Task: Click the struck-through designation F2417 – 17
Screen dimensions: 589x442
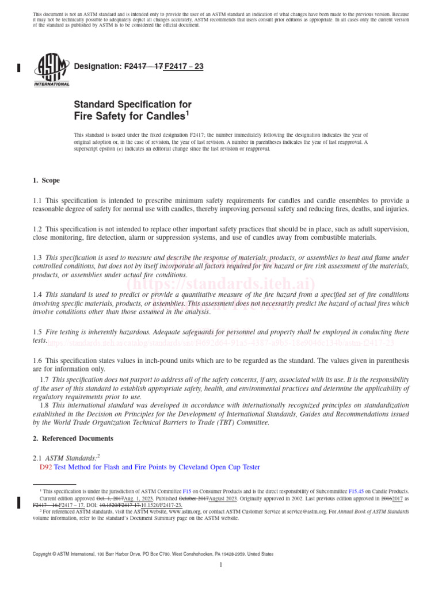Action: pyautogui.click(x=143, y=67)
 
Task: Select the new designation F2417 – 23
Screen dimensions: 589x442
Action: pyautogui.click(x=184, y=67)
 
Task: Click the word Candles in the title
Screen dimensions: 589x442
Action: pyautogui.click(x=161, y=116)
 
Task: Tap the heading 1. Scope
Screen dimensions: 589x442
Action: pyautogui.click(x=46, y=180)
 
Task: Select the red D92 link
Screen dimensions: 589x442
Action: pyautogui.click(x=45, y=468)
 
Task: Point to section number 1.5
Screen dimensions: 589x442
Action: pyautogui.click(x=37, y=332)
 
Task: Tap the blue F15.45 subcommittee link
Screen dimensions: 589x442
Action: pyautogui.click(x=357, y=492)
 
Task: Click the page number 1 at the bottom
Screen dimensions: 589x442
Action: pyautogui.click(x=221, y=565)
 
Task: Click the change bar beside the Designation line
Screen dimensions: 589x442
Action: pyautogui.click(x=19, y=67)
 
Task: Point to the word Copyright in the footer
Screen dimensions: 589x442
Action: pyautogui.click(x=45, y=554)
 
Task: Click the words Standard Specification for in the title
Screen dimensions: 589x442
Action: pyautogui.click(x=132, y=105)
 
